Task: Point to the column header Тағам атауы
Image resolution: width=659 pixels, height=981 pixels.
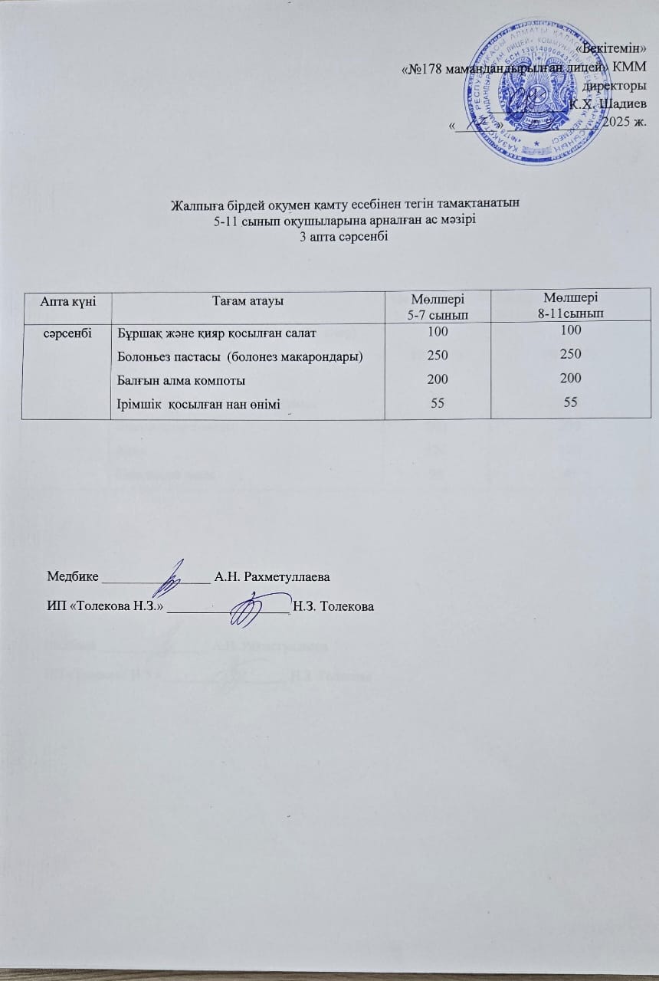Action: (248, 300)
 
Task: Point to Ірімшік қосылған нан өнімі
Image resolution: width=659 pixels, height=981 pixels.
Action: (197, 403)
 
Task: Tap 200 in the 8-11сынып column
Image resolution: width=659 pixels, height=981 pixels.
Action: (570, 377)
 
